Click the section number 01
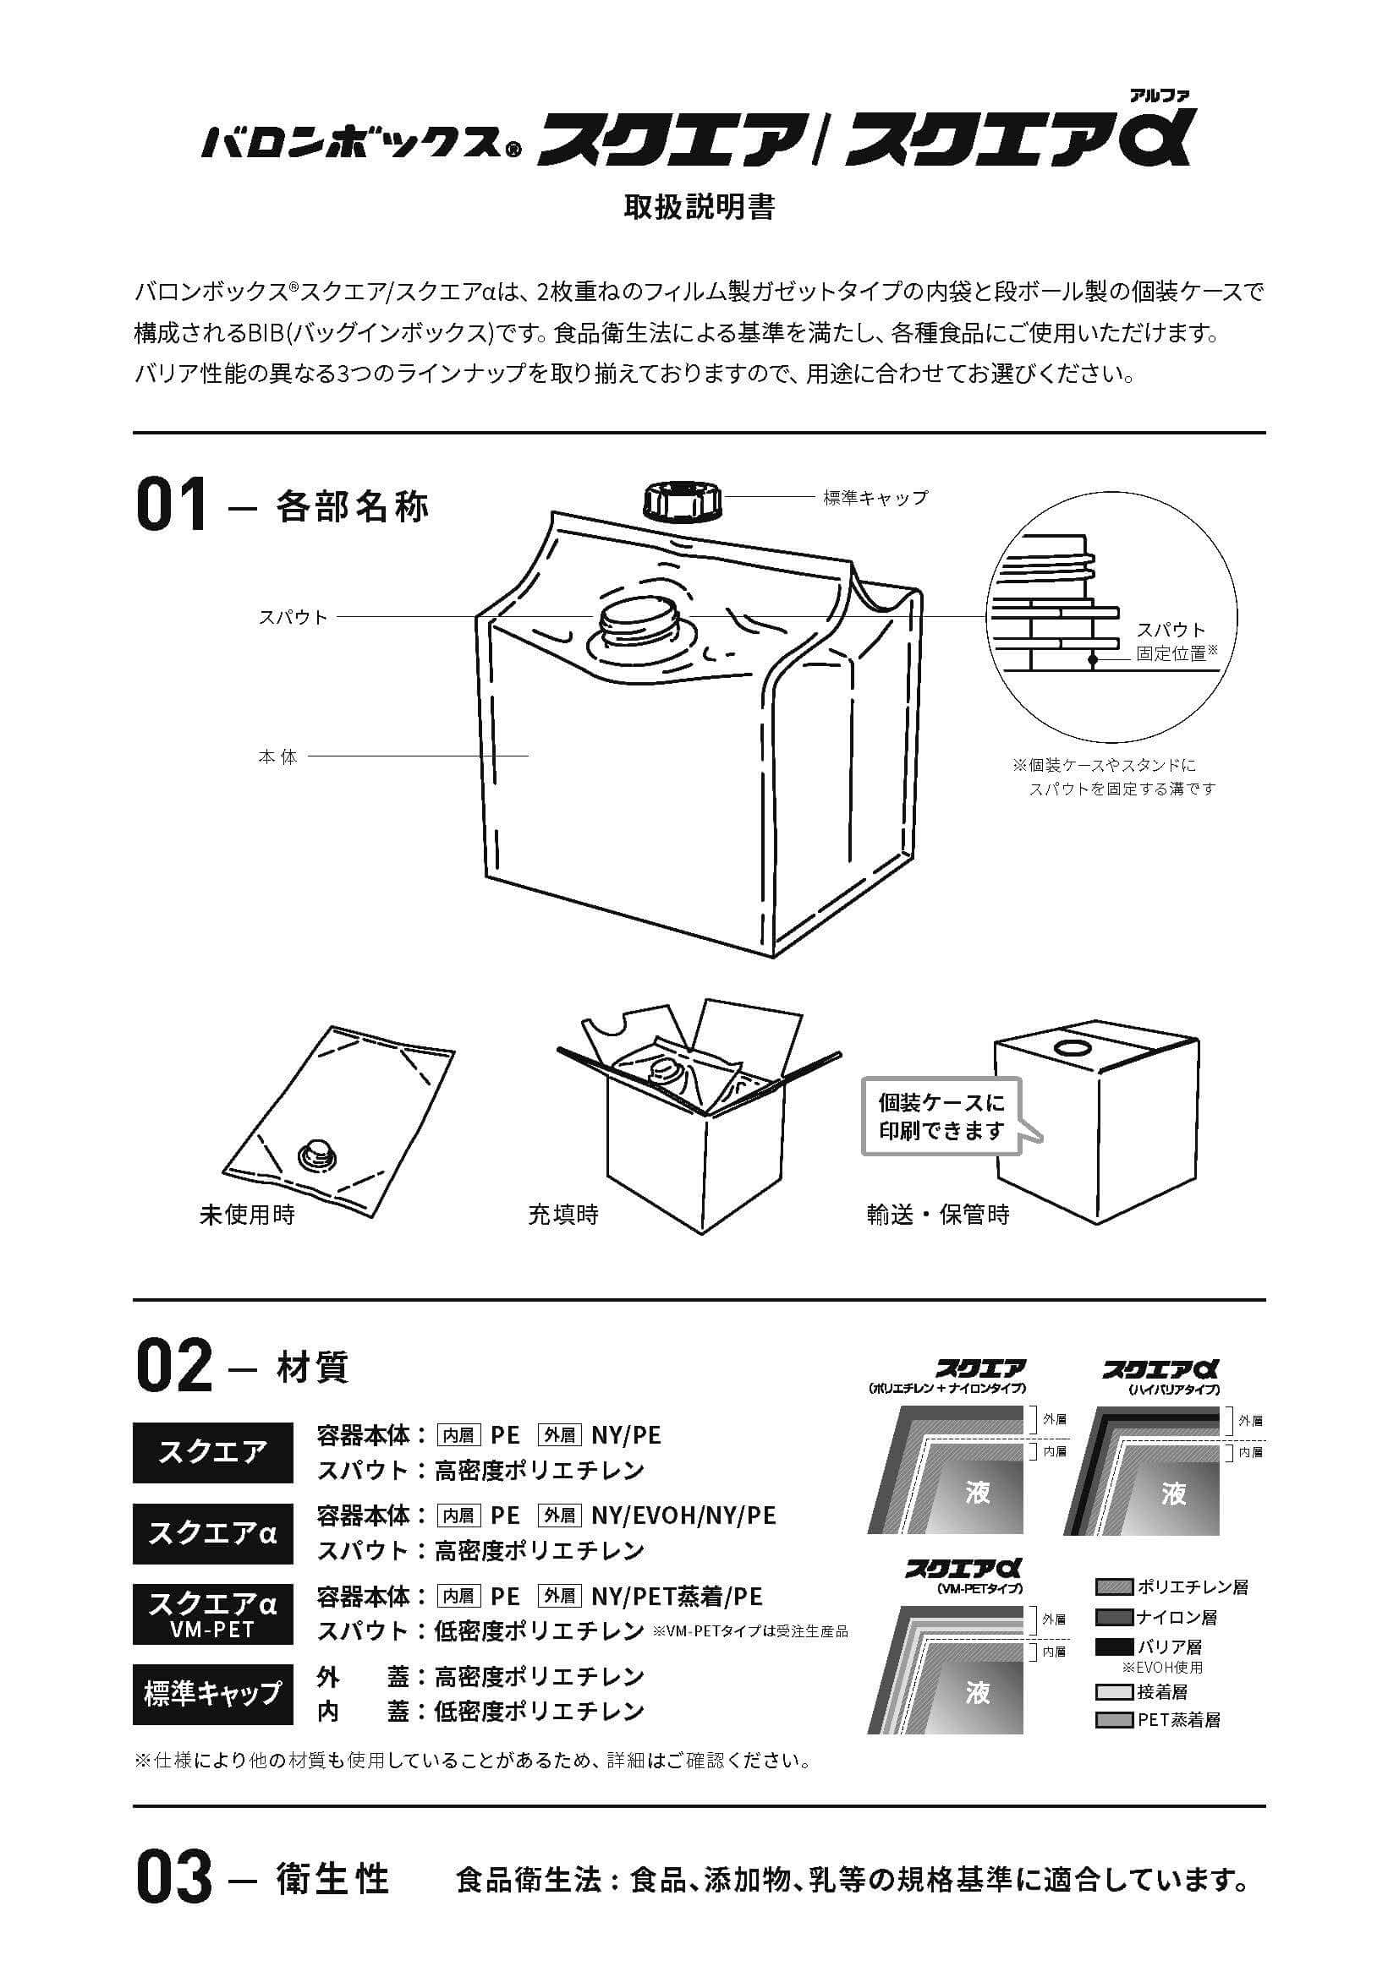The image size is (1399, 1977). point(172,506)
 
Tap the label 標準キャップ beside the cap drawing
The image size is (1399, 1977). point(875,498)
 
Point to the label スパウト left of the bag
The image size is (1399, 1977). point(294,617)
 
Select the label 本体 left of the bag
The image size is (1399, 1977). point(277,756)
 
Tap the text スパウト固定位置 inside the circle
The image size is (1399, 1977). point(1172,642)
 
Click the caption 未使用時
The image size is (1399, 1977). point(247,1215)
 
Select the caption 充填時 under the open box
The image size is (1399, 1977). point(563,1215)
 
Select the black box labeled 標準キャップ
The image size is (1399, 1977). point(213,1694)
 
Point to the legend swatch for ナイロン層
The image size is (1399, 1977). point(1113,1617)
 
